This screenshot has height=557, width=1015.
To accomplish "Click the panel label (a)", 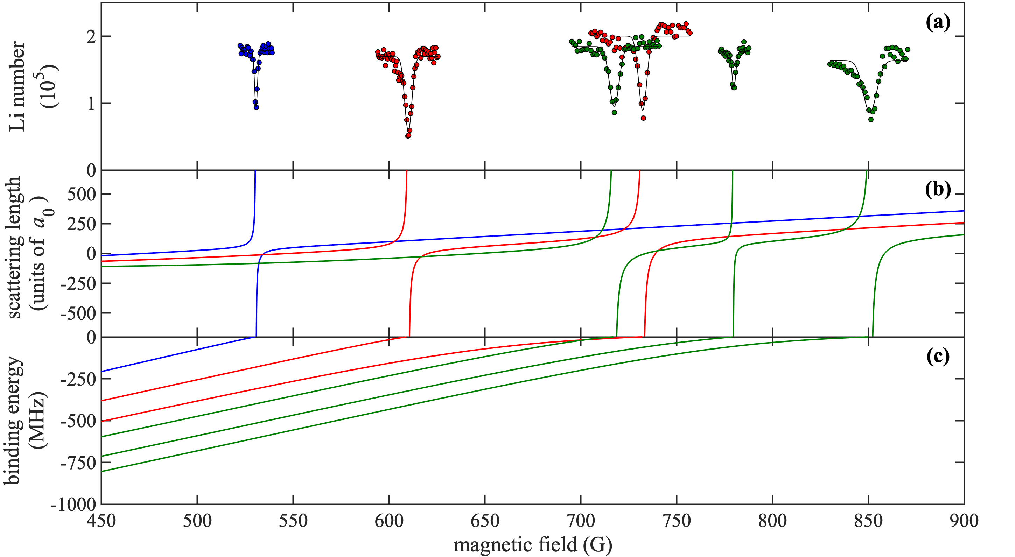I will coord(938,23).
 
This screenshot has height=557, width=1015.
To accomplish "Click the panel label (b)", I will coord(938,190).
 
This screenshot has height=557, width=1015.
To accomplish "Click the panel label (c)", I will coord(938,357).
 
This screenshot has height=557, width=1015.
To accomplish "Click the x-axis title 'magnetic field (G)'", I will coord(533,545).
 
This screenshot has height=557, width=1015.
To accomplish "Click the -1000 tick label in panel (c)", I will coord(74,505).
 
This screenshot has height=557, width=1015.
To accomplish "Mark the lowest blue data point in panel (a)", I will coord(257,107).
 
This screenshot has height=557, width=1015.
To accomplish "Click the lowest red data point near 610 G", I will coord(408,135).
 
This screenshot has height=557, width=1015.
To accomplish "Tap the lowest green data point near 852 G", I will coord(871,119).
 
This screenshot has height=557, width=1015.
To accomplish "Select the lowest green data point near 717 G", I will coord(614,112).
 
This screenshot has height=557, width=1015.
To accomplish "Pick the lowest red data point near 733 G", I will coord(643,118).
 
